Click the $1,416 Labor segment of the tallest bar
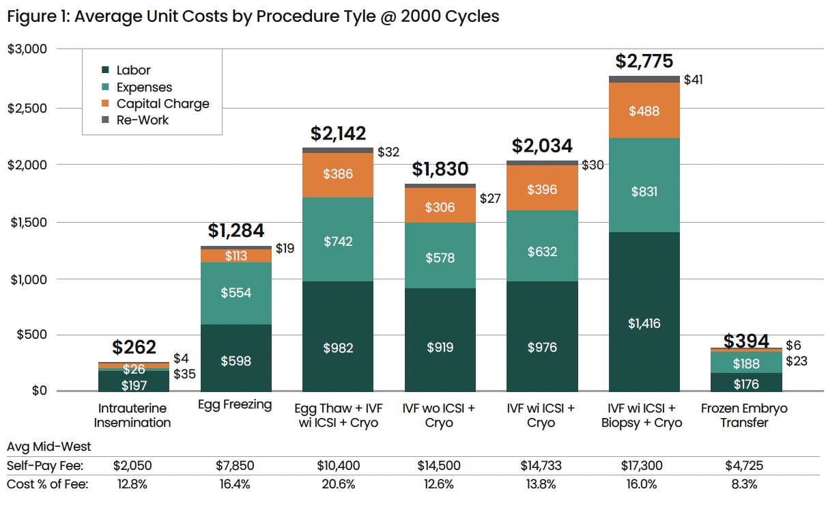click(644, 323)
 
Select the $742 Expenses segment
click(338, 241)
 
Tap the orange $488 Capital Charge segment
click(644, 111)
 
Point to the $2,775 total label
click(644, 61)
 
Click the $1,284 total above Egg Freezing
click(236, 231)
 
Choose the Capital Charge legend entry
click(162, 104)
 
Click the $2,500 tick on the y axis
click(27, 108)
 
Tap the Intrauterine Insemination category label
click(132, 415)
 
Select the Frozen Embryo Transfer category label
click(744, 415)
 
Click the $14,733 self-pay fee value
click(541, 466)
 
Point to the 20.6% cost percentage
click(338, 484)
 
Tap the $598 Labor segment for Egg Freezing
click(236, 361)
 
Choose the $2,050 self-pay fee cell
click(132, 466)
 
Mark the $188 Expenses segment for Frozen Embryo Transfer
click(745, 364)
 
